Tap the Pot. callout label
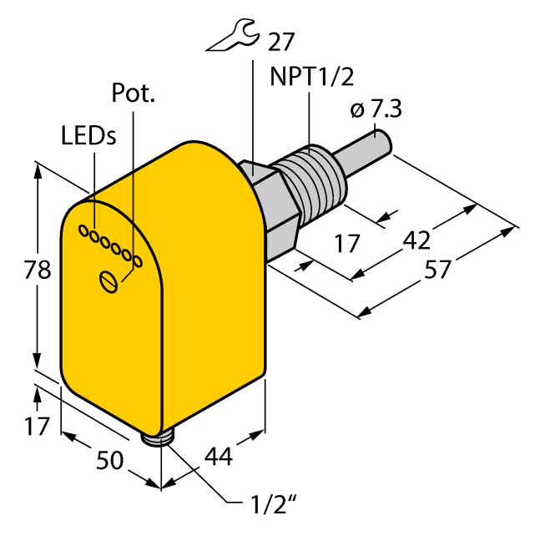click(133, 94)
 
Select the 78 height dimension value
click(37, 270)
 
